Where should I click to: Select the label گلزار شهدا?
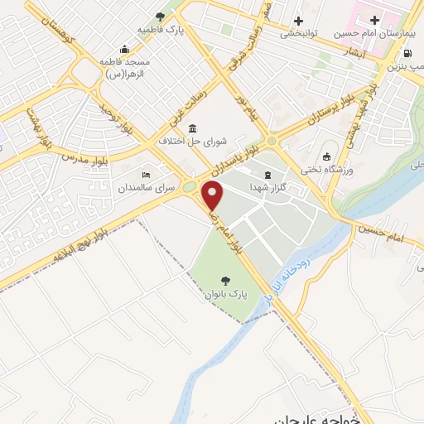coord(267,188)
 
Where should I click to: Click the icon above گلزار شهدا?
coord(267,176)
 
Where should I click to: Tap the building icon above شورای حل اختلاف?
coord(192,128)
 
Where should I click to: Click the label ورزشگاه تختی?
coord(325,170)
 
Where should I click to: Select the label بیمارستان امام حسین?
coord(373,34)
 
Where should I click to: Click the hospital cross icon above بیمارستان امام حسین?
coord(374,21)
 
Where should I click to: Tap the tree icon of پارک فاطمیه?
coord(160,16)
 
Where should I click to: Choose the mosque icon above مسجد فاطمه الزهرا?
coord(124,48)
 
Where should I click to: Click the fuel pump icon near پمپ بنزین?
coord(406,53)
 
